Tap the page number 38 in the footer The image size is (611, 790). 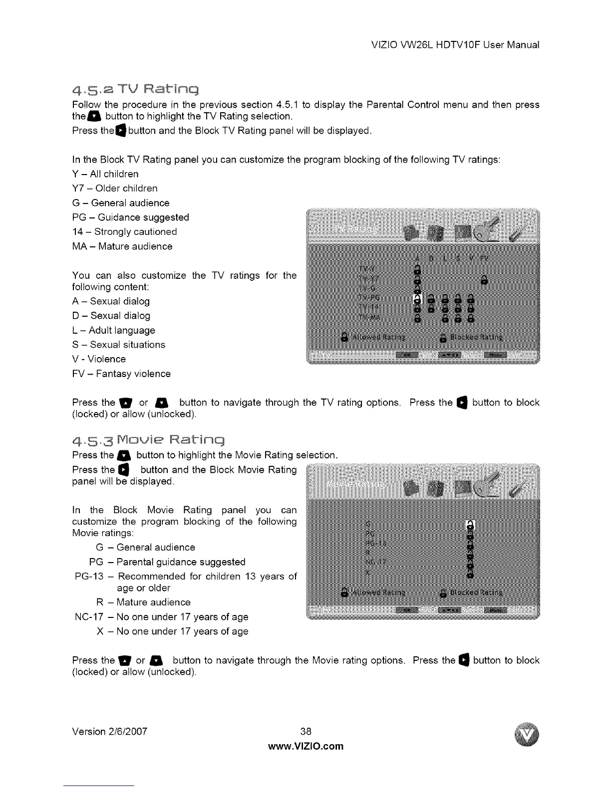(305, 731)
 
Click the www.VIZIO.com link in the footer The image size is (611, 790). (305, 746)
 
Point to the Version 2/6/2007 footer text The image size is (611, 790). (110, 731)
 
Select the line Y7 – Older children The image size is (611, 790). (115, 188)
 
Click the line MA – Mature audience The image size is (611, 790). (122, 246)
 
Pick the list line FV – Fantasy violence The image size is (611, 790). (121, 374)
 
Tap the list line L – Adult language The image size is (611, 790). (114, 330)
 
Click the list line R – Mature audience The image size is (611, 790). (143, 602)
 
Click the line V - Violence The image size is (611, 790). (99, 359)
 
